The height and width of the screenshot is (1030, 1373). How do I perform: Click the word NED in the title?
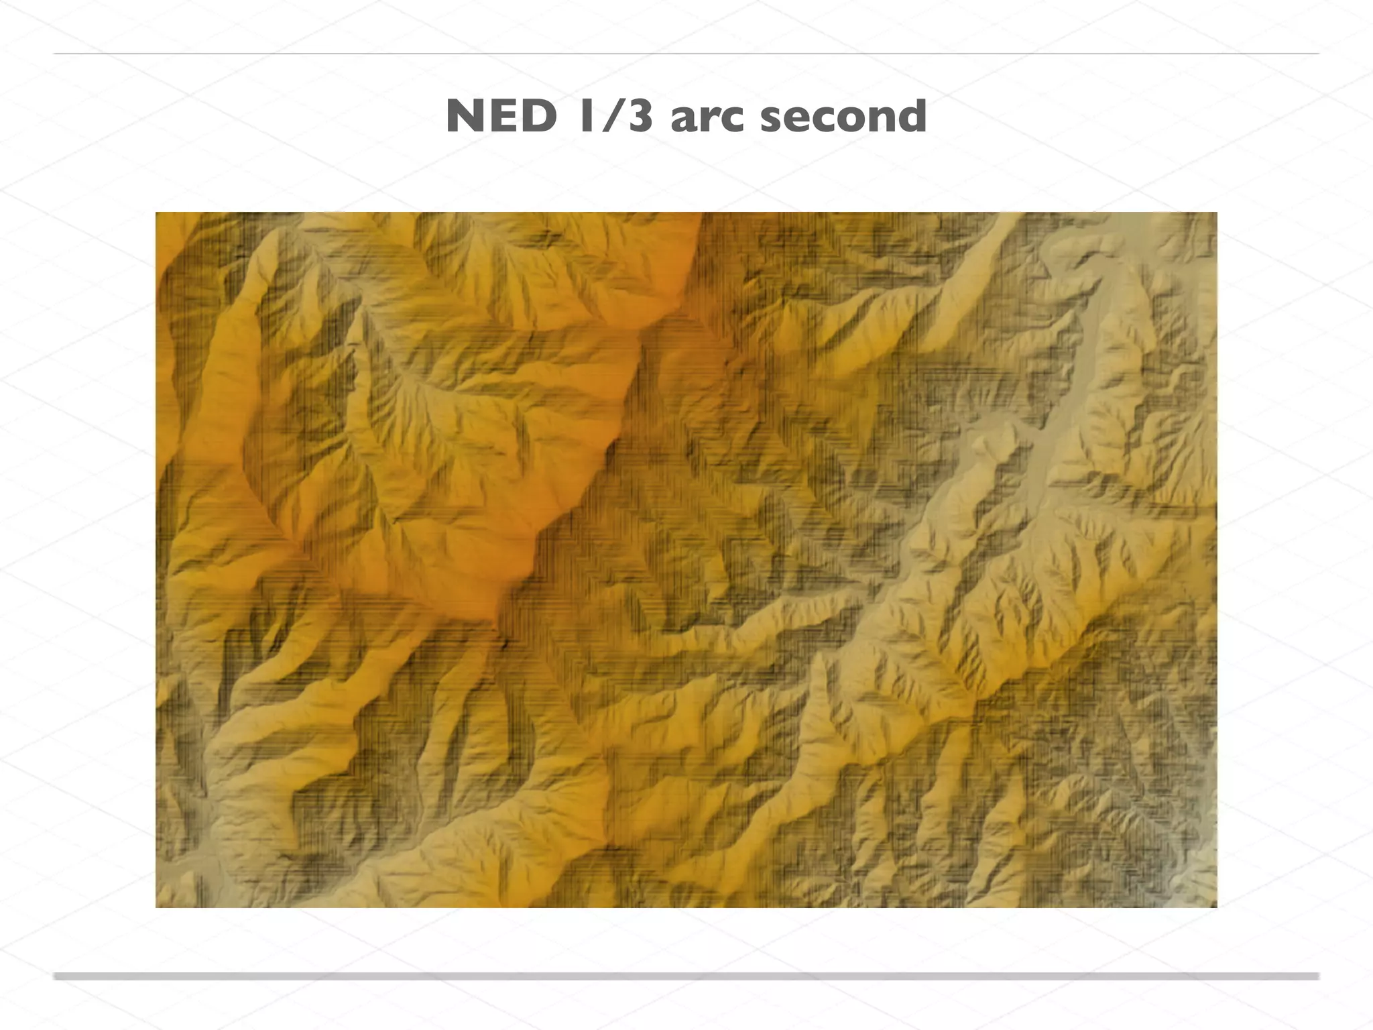[501, 117]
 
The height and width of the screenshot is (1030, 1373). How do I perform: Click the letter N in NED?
[466, 117]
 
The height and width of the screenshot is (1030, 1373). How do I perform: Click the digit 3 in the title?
[639, 117]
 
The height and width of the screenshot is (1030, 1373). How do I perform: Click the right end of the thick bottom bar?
[1317, 976]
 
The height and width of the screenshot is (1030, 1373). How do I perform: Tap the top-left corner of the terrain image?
[156, 213]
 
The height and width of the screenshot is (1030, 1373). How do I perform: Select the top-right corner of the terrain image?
[1216, 213]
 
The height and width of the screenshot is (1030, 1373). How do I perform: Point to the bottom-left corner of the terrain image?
[156, 907]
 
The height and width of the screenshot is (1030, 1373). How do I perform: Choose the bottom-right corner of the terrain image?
[1216, 907]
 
